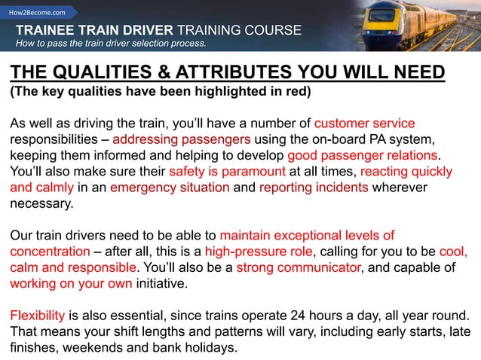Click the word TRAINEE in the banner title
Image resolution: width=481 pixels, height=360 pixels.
[x=48, y=30]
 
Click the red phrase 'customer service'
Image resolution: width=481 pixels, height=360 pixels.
[x=364, y=124]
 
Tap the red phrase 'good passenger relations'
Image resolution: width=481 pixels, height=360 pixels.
[x=363, y=156]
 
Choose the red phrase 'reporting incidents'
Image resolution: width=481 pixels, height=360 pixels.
[x=314, y=188]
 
